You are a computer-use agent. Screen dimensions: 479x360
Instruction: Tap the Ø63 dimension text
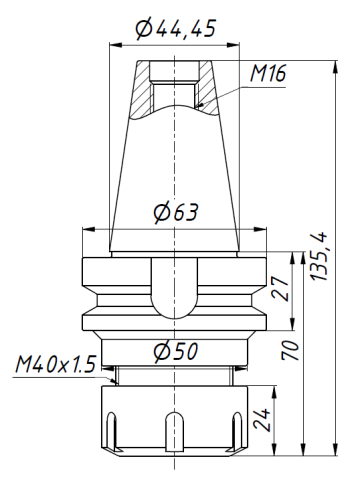click(175, 212)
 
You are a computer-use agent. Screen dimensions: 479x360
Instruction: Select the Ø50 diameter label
click(175, 351)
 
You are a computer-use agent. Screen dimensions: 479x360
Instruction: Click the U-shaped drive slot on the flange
click(175, 290)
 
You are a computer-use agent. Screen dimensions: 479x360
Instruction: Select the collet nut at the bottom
click(175, 420)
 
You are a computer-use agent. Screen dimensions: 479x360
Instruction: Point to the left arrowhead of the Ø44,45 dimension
click(113, 45)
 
